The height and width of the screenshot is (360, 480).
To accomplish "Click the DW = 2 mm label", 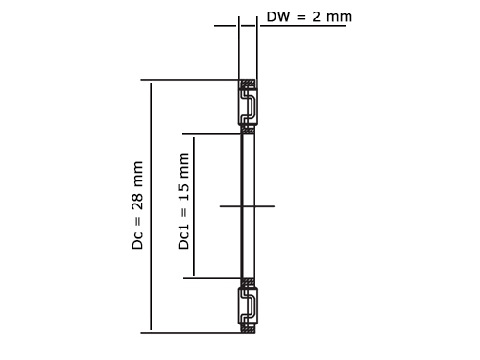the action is pos(309,16).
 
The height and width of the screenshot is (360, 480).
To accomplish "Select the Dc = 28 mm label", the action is pos(138,205).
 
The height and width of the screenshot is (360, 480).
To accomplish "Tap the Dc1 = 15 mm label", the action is pos(183,201).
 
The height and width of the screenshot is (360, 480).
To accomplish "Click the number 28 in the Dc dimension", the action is pos(138,201).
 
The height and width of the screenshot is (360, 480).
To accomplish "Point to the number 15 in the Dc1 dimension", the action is pos(183,192).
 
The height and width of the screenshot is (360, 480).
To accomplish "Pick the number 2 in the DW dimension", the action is pos(316,16).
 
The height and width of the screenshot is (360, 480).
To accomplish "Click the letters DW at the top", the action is pos(278,16).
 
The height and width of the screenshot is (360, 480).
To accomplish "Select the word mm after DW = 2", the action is pos(339,17).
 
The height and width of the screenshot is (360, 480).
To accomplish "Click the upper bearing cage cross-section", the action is pos(248,107).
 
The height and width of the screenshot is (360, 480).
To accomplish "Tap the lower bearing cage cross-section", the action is pos(248,306).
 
